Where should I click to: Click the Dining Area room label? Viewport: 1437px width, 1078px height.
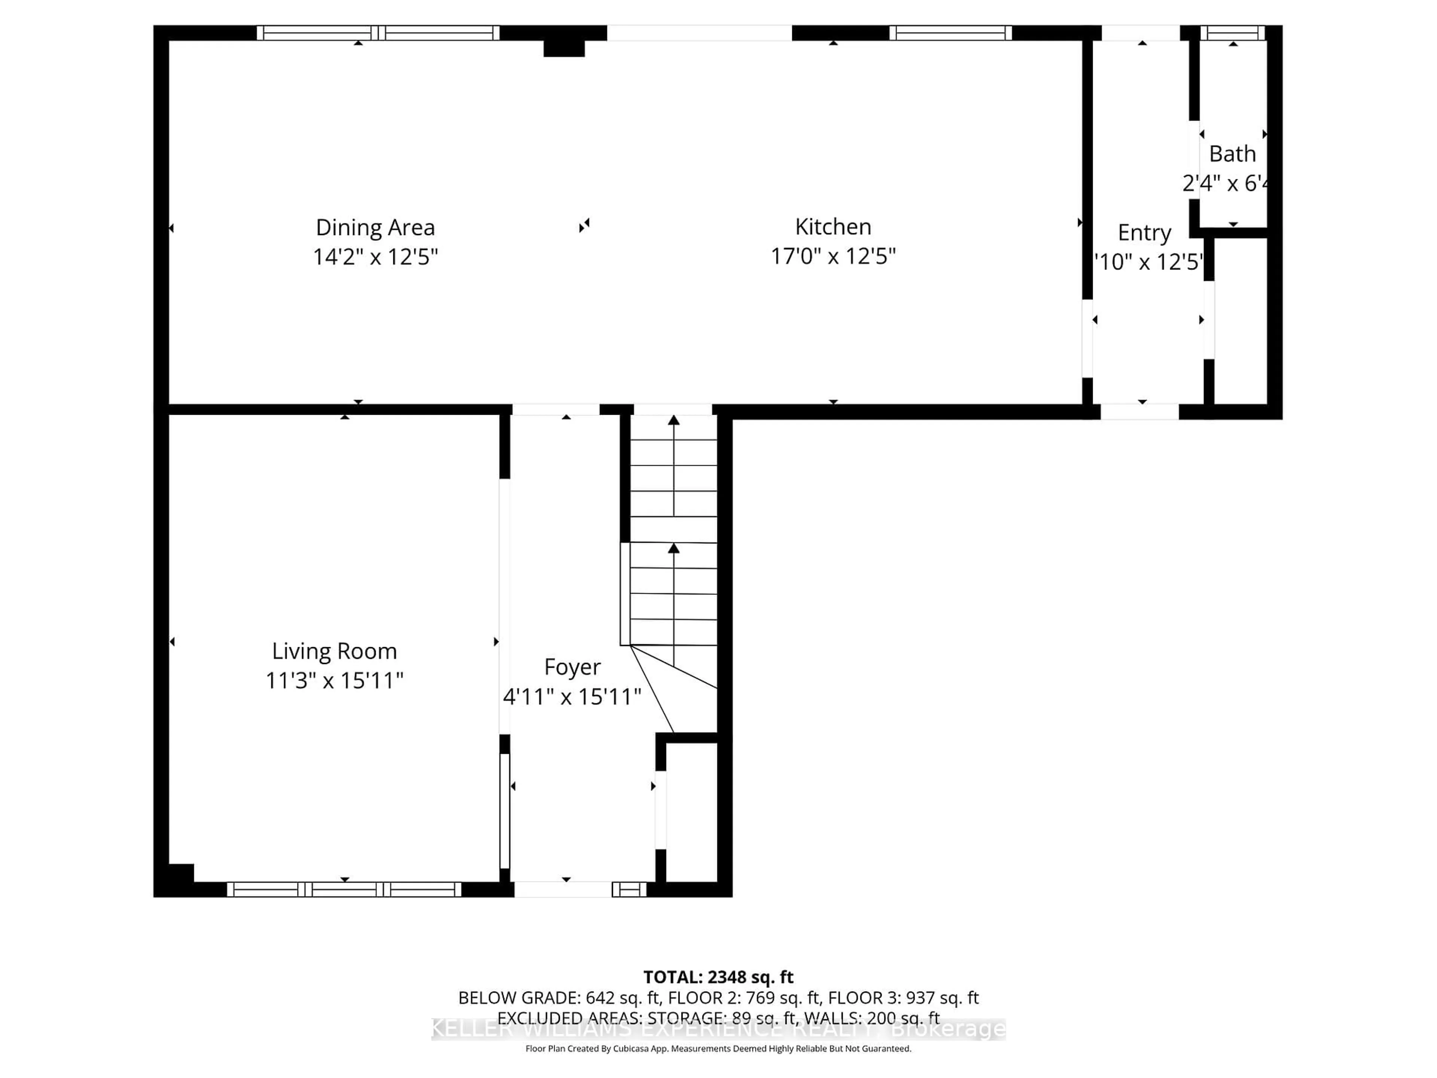pyautogui.click(x=375, y=228)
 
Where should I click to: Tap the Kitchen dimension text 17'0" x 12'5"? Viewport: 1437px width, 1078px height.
pyautogui.click(x=833, y=256)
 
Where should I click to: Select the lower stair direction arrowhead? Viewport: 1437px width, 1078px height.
pyautogui.click(x=674, y=548)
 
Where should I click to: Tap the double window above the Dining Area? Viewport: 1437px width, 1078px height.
pyautogui.click(x=378, y=33)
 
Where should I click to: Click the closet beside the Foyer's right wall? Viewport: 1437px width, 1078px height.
pyautogui.click(x=691, y=812)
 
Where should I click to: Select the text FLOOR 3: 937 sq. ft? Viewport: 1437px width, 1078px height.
pyautogui.click(x=903, y=998)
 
